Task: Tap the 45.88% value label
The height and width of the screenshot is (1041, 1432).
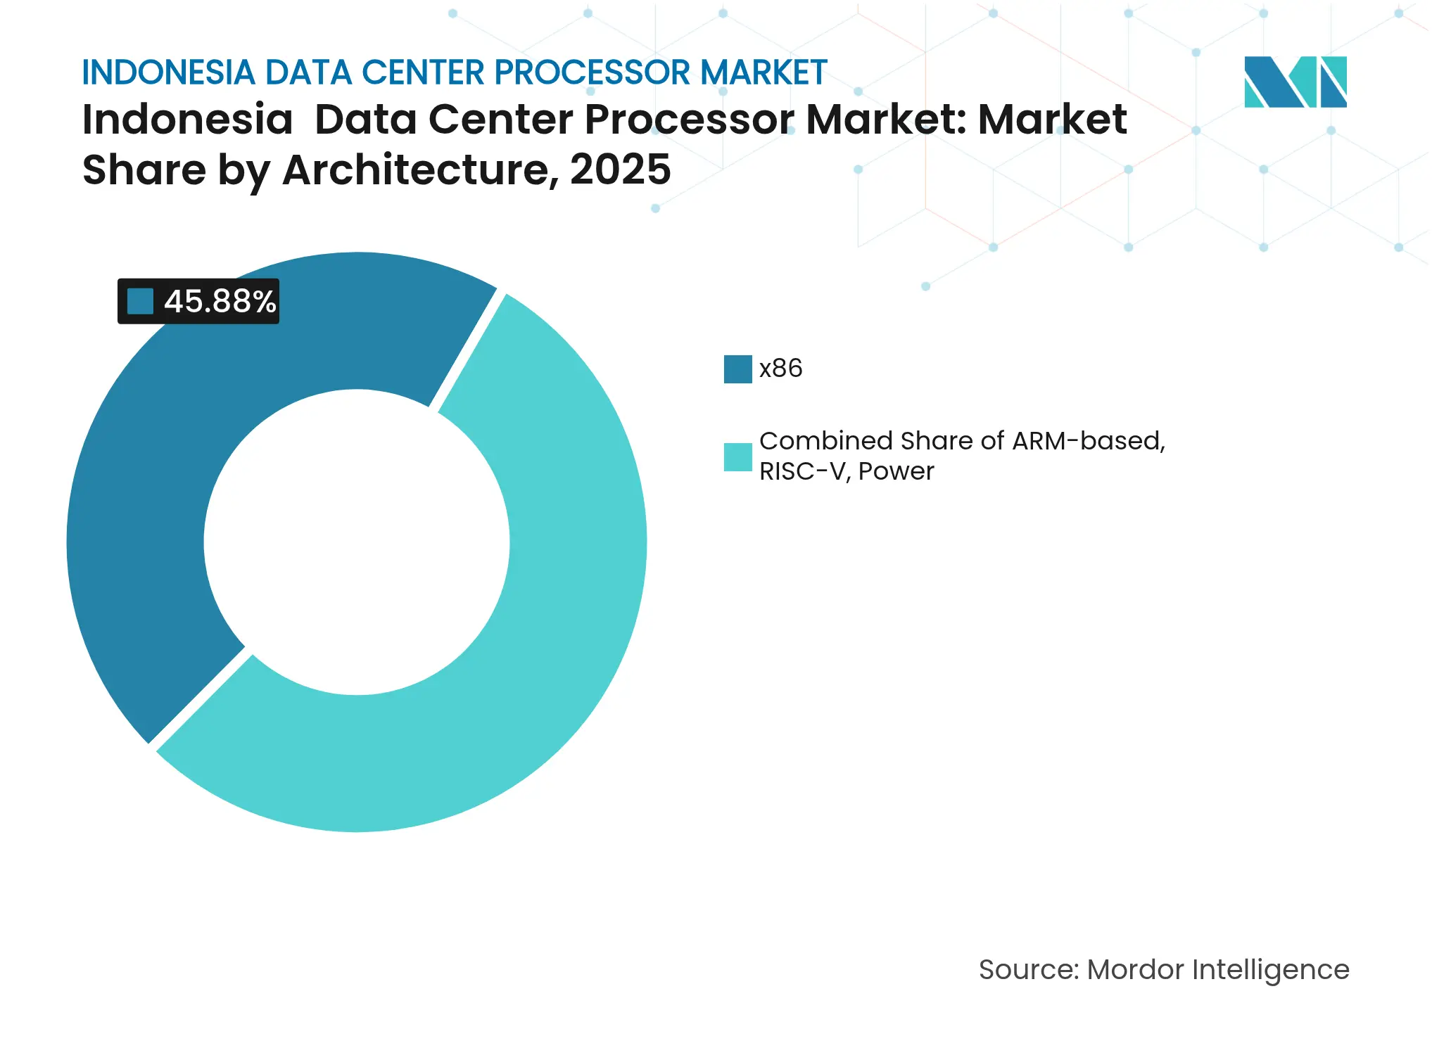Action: click(x=220, y=302)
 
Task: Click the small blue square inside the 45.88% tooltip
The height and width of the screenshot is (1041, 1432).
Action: click(x=140, y=302)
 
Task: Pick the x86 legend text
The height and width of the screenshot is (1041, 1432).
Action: click(x=780, y=369)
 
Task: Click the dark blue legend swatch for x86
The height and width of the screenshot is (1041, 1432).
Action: click(x=737, y=369)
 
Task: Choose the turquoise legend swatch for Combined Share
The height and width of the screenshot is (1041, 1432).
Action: click(x=737, y=457)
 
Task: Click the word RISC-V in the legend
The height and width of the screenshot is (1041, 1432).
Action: click(x=802, y=471)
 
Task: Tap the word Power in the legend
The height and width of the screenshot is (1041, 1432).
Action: click(x=896, y=471)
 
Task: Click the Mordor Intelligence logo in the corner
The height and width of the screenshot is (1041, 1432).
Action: click(x=1295, y=82)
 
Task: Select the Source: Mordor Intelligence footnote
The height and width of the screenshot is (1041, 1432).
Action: click(x=1163, y=970)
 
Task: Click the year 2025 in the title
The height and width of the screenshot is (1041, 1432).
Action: click(x=620, y=170)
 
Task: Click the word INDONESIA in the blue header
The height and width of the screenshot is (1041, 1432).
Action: click(x=168, y=72)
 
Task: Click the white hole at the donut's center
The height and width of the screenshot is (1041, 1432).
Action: click(x=357, y=542)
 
